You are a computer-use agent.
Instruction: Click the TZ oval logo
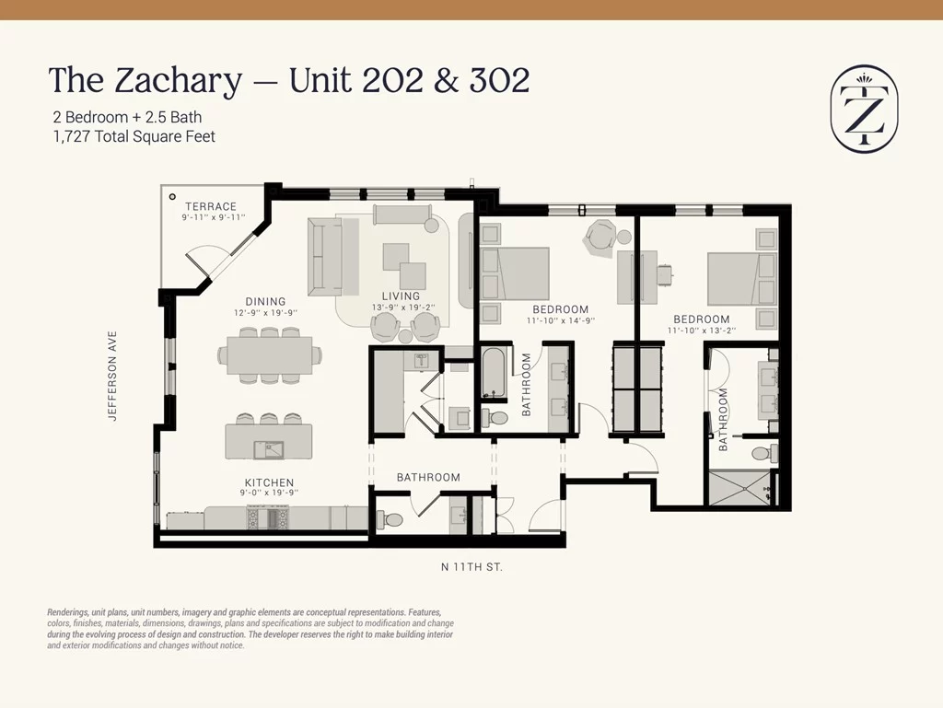(x=864, y=109)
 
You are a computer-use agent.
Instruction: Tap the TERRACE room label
(x=211, y=206)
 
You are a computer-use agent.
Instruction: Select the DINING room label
(x=265, y=302)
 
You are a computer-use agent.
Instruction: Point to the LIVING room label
(x=401, y=296)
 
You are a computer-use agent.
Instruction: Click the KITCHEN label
(x=269, y=482)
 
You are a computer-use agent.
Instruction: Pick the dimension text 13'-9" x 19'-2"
(x=403, y=308)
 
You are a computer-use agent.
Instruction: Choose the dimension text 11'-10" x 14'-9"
(x=561, y=320)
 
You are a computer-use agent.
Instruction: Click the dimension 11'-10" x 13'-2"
(x=701, y=330)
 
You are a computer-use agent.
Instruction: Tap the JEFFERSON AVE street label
(x=111, y=376)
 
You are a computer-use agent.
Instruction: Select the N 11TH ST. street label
(x=471, y=567)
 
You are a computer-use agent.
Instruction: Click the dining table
(x=269, y=355)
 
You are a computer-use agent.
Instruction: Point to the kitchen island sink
(x=268, y=449)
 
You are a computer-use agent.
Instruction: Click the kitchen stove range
(x=269, y=517)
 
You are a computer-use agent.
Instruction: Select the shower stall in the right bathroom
(x=739, y=488)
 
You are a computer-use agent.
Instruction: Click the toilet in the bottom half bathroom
(x=390, y=518)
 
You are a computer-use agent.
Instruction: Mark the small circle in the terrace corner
(x=172, y=196)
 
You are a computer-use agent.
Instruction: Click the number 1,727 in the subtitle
(x=72, y=137)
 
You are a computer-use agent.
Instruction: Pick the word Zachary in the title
(x=178, y=82)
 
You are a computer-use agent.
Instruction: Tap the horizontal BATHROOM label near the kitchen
(x=428, y=477)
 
